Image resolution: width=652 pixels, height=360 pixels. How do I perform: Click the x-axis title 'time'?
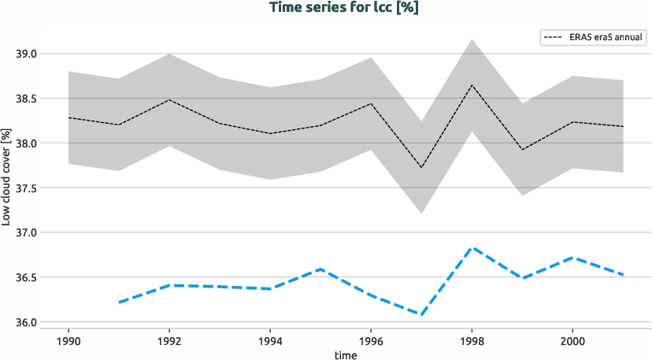(345, 355)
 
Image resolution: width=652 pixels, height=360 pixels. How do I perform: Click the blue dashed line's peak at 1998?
(472, 247)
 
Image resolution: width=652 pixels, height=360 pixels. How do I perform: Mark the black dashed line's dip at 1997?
(421, 168)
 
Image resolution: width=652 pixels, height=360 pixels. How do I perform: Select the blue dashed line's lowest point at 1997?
(421, 315)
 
